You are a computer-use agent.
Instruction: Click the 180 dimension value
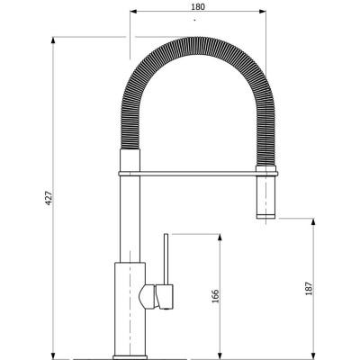[198, 6]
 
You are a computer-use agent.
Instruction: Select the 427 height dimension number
[49, 198]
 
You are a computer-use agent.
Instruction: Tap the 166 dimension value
[216, 296]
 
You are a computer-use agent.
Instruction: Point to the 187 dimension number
[309, 289]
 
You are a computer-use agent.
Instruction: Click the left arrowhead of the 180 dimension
[133, 12]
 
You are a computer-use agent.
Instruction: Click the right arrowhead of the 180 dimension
[263, 12]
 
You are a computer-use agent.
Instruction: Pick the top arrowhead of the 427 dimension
[53, 40]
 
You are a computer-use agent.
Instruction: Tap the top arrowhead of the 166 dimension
[220, 238]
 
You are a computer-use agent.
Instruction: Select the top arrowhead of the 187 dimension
[313, 222]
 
